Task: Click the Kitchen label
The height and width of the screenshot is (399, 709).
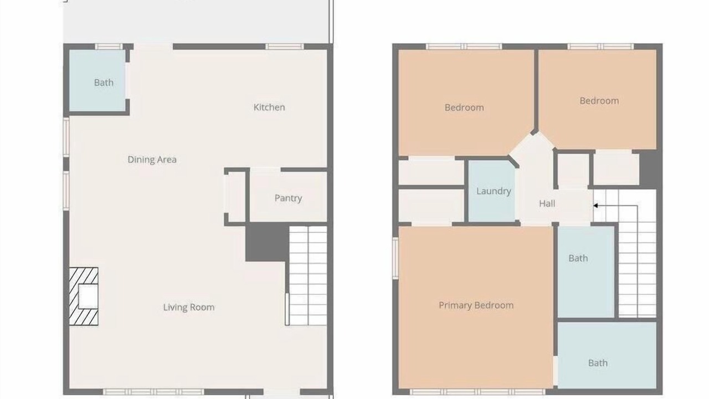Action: coord(269,108)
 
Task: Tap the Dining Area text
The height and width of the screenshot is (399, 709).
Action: coord(152,160)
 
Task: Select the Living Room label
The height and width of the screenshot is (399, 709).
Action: coord(189,307)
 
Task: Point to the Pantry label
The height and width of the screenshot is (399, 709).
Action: coord(288,198)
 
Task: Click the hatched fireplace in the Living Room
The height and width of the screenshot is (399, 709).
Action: coord(84,296)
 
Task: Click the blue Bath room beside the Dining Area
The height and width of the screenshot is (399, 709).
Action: coord(97,80)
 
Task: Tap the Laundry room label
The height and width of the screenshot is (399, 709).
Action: coord(494,191)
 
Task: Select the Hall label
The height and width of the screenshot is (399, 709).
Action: coord(547,203)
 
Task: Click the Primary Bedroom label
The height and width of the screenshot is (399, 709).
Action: coord(476,305)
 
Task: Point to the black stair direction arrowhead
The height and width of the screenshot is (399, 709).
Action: coord(595,206)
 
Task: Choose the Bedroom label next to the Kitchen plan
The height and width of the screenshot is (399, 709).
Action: coord(464,108)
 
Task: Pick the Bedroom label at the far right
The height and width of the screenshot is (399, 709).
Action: coord(599,101)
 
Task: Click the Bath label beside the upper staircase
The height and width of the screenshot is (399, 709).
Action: coord(578,258)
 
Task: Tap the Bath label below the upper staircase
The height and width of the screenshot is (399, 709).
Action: coord(598,363)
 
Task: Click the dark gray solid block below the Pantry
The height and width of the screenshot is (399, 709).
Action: coord(267,242)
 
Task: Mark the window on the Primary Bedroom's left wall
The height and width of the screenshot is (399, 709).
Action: coord(395,258)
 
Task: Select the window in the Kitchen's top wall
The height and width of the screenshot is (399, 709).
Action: coord(284,47)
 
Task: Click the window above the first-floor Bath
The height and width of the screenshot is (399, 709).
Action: coord(109,47)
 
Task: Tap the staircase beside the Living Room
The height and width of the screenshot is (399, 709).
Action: coord(308,275)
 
